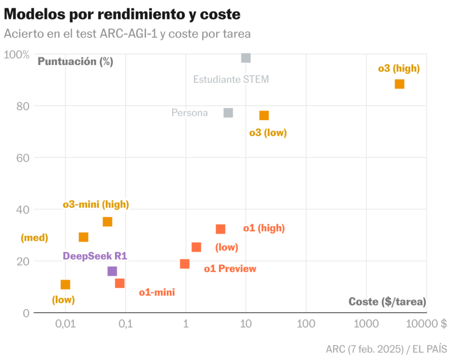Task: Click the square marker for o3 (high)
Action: point(399,84)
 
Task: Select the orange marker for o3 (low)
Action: point(264,115)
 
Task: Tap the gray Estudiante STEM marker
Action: point(246,58)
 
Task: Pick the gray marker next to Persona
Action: point(228,113)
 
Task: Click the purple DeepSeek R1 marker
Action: point(112,271)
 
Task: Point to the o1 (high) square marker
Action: point(221,229)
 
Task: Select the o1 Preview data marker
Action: point(185,264)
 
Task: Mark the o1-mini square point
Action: point(120,283)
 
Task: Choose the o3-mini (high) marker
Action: point(107,221)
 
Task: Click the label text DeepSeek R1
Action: point(95,256)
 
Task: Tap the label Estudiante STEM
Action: point(231,80)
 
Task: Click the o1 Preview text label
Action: point(230,268)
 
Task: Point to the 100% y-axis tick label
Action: point(17,55)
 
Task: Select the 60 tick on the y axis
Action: point(23,158)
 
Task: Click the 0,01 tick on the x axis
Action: point(65,324)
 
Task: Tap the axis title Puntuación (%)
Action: point(75,62)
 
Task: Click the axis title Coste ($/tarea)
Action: point(387,301)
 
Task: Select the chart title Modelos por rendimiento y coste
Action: point(122,14)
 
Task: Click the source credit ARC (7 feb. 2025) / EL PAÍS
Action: point(386,349)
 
